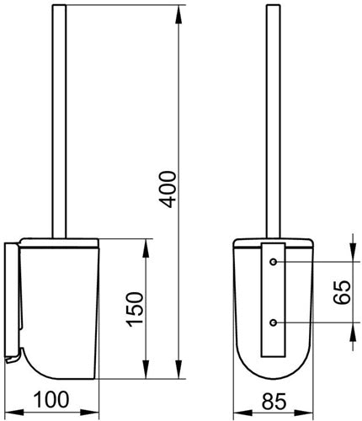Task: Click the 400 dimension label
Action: [x=168, y=189]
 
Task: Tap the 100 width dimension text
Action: [x=51, y=399]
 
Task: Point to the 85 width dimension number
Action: [x=274, y=401]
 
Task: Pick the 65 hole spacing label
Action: [x=342, y=292]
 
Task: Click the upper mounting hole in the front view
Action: [x=274, y=262]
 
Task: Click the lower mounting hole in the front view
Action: [x=274, y=322]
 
